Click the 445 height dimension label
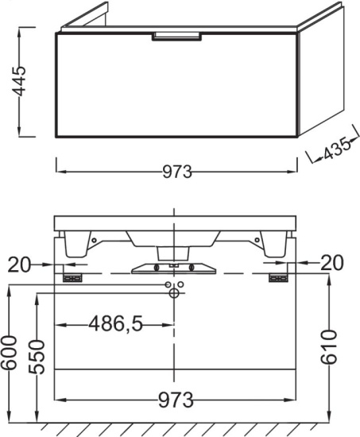[20, 81]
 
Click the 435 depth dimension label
[337, 149]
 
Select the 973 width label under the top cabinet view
[177, 172]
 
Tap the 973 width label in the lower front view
[176, 400]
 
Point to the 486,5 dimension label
[116, 324]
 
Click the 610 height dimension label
[328, 347]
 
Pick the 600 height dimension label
[8, 353]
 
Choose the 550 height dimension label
[37, 357]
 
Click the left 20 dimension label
[18, 265]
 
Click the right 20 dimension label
[332, 262]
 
